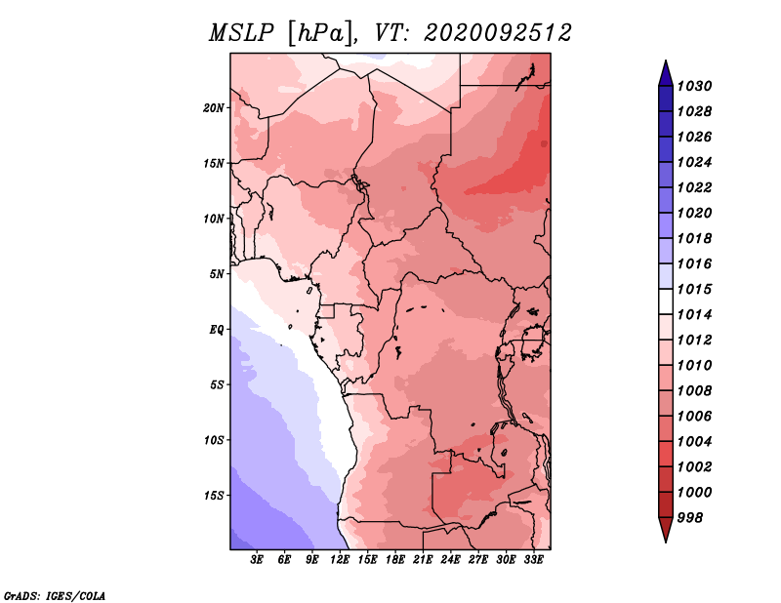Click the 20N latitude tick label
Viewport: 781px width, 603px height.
coord(213,108)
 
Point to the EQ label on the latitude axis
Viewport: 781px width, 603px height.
coord(216,330)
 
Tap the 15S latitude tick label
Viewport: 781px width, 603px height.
coord(213,496)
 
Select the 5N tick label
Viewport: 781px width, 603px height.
coord(216,274)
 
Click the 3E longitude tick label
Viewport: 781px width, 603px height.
coord(257,560)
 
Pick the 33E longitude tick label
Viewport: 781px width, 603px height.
coord(533,560)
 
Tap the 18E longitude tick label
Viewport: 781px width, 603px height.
coord(395,560)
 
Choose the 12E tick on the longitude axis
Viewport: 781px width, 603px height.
coord(340,560)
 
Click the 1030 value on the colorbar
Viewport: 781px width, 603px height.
coord(694,86)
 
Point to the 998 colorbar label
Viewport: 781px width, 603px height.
coord(690,518)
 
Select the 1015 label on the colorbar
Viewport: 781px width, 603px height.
coord(694,289)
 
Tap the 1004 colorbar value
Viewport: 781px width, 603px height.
coord(694,442)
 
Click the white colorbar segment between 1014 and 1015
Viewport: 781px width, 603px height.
coord(666,301)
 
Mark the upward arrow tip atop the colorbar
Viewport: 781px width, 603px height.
coord(666,60)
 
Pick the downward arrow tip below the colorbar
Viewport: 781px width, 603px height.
coord(666,543)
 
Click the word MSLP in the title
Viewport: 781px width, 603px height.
coord(241,33)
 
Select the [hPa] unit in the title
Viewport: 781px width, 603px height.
coord(321,34)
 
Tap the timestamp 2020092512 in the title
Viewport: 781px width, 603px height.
coord(497,33)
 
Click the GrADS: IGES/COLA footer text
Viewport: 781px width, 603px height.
coord(55,596)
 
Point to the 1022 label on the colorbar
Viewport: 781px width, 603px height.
coord(694,187)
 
